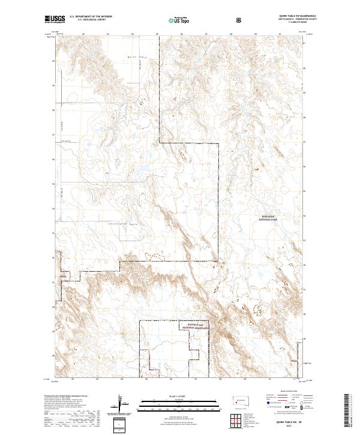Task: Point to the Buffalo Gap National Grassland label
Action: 196,325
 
